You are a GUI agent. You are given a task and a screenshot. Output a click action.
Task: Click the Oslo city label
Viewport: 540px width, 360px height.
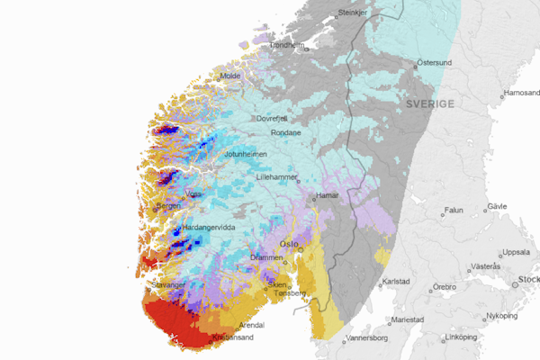(x=288, y=244)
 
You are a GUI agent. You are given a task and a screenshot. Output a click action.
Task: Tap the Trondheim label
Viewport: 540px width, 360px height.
(x=288, y=45)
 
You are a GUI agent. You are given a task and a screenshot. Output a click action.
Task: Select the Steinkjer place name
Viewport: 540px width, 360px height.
(x=354, y=13)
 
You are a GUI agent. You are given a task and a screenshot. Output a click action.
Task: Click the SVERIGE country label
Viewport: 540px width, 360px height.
(x=430, y=104)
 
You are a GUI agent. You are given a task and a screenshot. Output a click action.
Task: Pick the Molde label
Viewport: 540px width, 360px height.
(x=230, y=76)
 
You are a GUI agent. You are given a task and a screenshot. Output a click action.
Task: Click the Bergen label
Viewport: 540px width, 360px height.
(x=168, y=206)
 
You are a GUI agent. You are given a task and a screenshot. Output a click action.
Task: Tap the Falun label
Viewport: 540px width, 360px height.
(x=454, y=211)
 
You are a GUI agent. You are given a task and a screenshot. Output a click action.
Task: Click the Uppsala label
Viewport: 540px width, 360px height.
(x=517, y=252)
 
